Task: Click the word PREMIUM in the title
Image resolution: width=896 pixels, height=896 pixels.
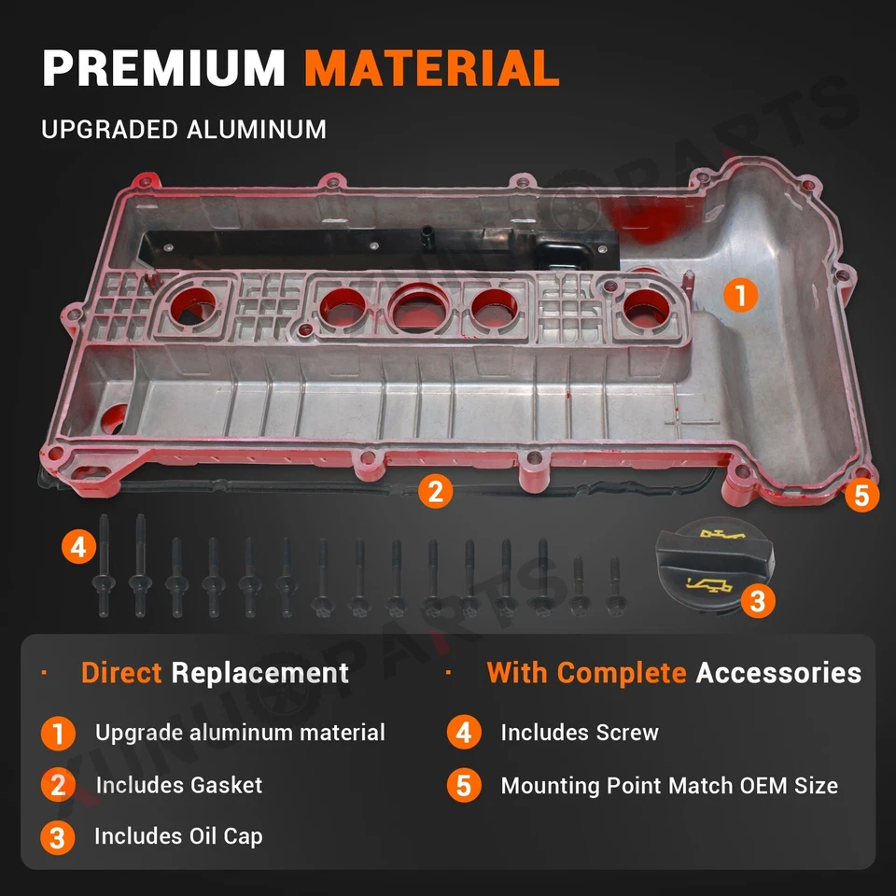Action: click(x=164, y=70)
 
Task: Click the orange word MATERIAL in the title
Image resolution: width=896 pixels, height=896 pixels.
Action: click(x=432, y=70)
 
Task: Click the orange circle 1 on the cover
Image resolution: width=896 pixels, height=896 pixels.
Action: click(x=740, y=296)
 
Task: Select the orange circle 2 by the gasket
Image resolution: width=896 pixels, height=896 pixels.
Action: click(x=435, y=491)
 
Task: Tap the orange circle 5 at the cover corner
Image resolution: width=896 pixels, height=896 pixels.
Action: click(x=861, y=496)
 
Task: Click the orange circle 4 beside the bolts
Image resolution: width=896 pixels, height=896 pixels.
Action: click(x=79, y=546)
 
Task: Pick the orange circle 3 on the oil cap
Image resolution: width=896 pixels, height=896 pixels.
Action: click(x=757, y=601)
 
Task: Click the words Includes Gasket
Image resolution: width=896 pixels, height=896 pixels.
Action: click(x=179, y=785)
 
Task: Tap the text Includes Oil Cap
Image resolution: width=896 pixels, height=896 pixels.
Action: click(x=178, y=835)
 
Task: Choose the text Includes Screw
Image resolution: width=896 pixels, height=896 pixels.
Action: click(x=580, y=733)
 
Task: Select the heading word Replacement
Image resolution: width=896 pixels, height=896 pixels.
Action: click(x=260, y=672)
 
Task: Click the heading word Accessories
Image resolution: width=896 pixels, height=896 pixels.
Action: click(x=778, y=672)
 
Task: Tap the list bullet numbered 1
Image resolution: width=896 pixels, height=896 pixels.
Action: click(x=58, y=734)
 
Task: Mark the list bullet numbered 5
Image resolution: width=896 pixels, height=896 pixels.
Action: click(x=464, y=785)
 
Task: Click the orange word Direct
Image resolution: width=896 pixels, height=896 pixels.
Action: click(x=121, y=672)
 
